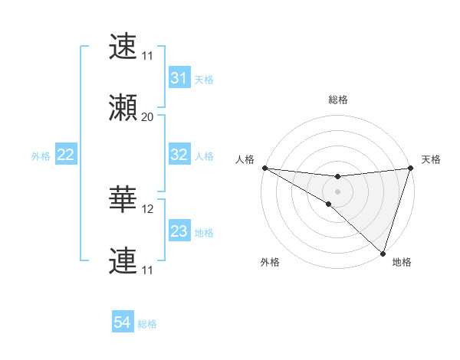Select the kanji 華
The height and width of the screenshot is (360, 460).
coord(123,201)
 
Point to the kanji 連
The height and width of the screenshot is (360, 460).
coord(123,261)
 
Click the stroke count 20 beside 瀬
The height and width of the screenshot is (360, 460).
coord(148,117)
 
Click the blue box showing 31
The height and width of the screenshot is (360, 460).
coord(179,78)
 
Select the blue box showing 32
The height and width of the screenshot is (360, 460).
coord(179,155)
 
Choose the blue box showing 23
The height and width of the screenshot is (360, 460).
coord(179,231)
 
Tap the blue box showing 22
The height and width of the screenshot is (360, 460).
coord(65,155)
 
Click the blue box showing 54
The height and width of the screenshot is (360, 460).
coord(122,322)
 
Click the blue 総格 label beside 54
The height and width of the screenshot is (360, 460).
coord(147,324)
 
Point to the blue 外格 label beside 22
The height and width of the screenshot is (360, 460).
coord(41,156)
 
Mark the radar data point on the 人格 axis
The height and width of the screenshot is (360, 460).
coord(264,168)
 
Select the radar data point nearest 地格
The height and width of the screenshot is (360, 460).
coord(383,254)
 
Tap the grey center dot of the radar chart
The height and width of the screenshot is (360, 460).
coord(337,191)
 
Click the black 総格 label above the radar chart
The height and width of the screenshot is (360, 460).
coord(338,100)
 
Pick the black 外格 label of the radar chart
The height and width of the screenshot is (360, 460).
coord(270,262)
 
